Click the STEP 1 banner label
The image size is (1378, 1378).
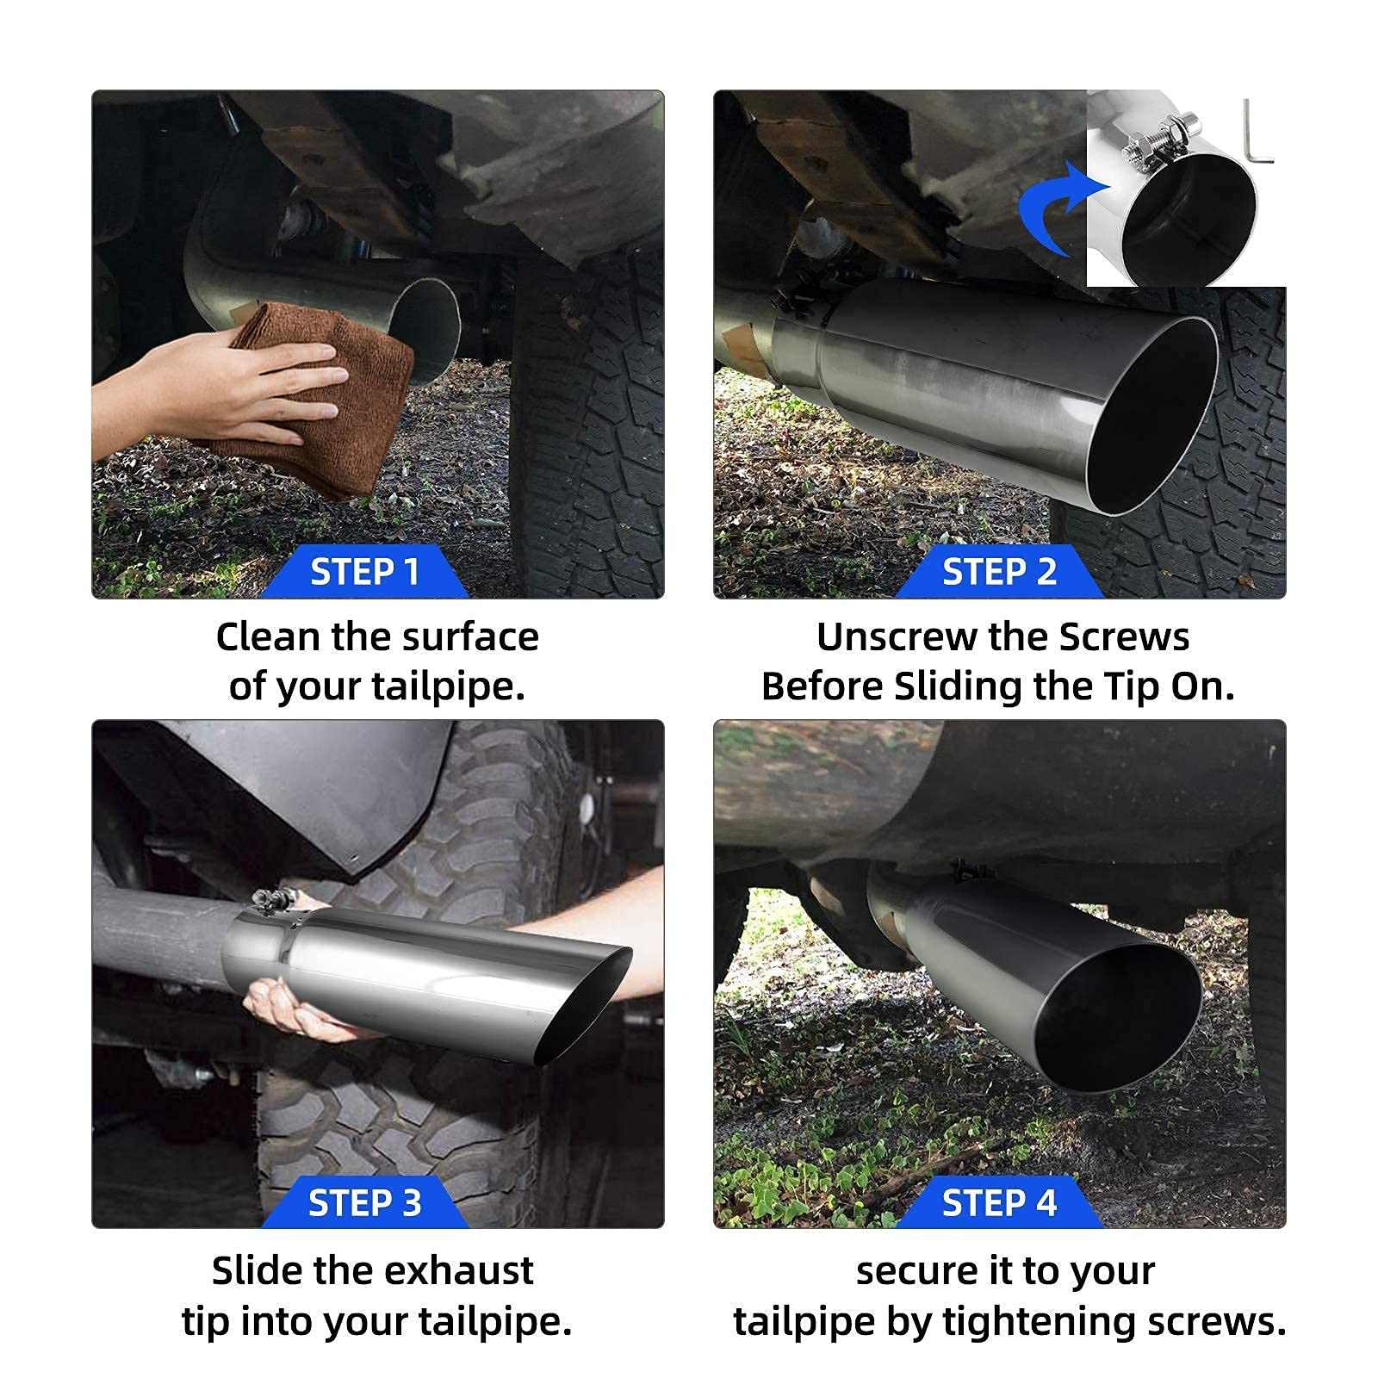(x=364, y=572)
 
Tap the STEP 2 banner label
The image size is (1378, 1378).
(x=999, y=572)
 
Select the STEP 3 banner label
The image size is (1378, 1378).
(x=364, y=1202)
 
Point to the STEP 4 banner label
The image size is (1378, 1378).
(x=999, y=1202)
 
